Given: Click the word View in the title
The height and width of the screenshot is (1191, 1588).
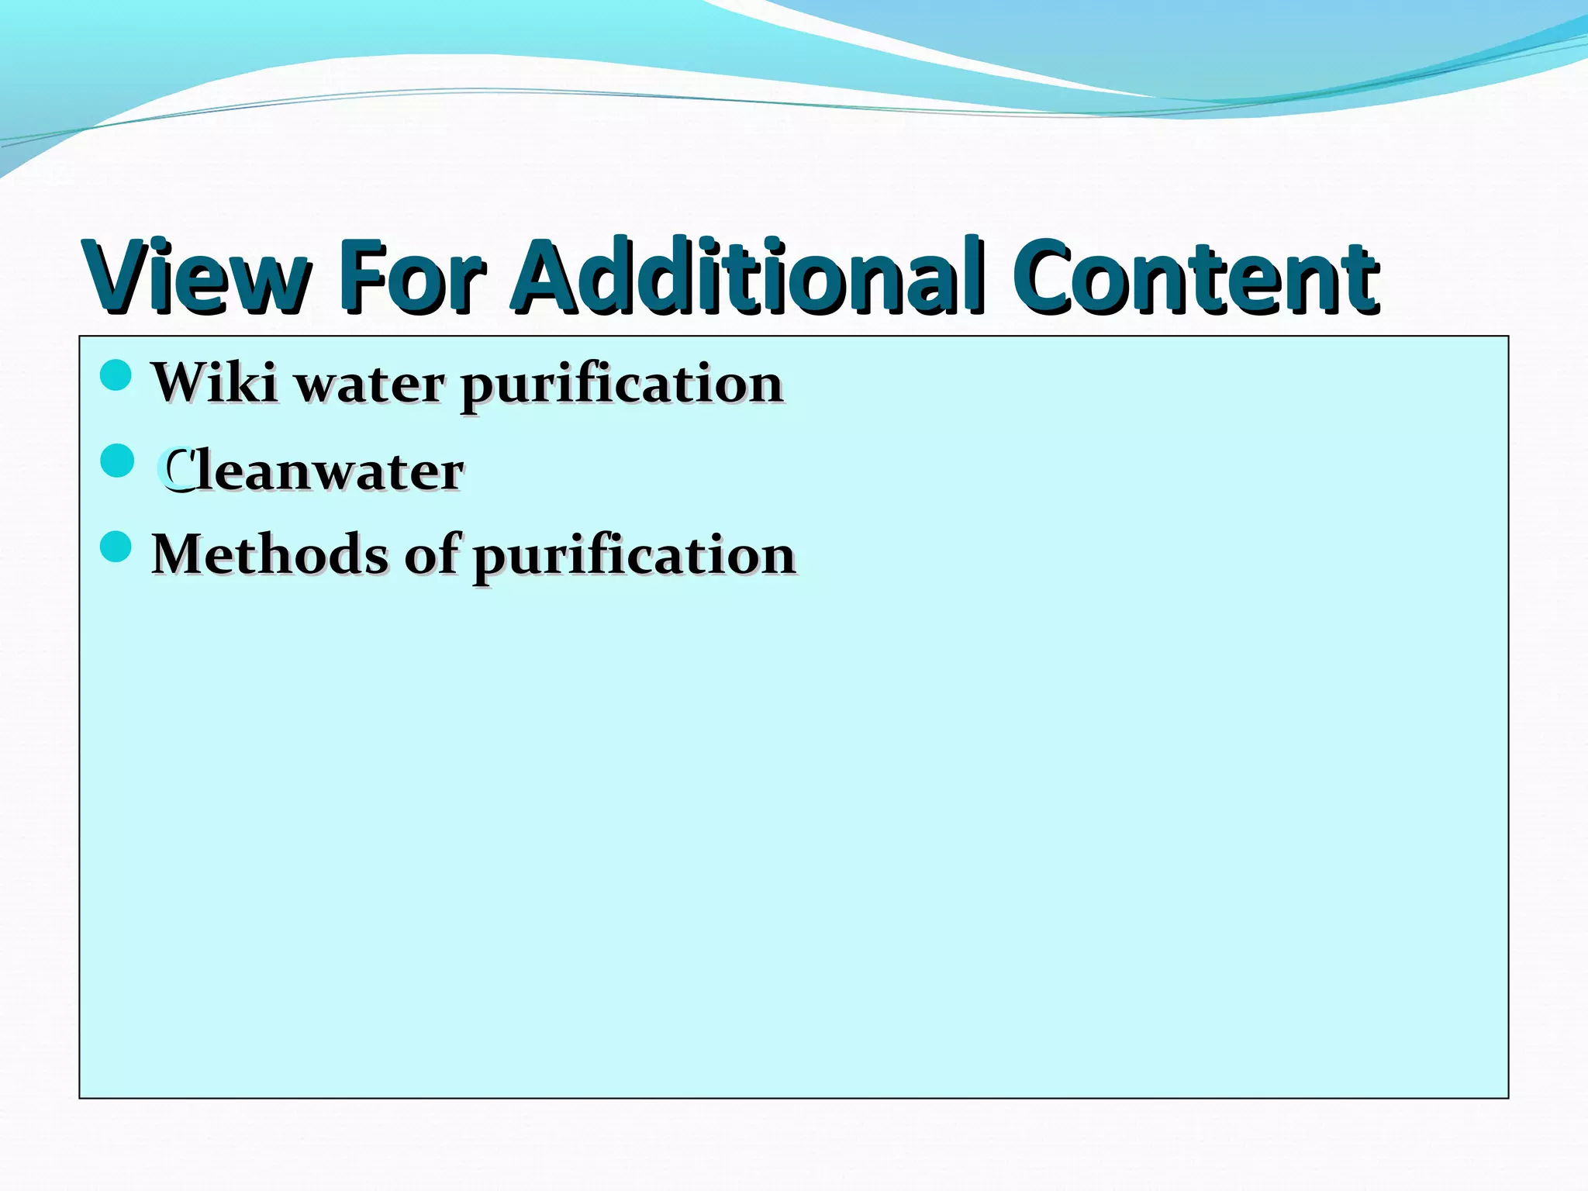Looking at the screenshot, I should click(x=198, y=277).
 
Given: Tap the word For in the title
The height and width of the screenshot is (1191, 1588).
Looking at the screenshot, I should click(x=411, y=277).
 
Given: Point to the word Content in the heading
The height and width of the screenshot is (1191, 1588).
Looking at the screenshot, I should click(x=1194, y=277).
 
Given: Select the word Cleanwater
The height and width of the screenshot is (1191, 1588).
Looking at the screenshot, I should click(x=310, y=471).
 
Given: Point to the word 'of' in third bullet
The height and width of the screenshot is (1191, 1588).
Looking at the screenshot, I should click(x=431, y=554).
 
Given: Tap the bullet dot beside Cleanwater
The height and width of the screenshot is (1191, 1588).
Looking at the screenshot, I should click(x=117, y=461).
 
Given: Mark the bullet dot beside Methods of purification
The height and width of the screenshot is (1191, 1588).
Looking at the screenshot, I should click(x=116, y=547).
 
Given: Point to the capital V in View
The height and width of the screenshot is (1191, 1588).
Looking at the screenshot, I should click(x=117, y=277).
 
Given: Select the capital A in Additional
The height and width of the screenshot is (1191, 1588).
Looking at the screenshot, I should click(x=551, y=277).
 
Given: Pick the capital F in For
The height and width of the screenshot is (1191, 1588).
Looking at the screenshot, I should click(x=361, y=277).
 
